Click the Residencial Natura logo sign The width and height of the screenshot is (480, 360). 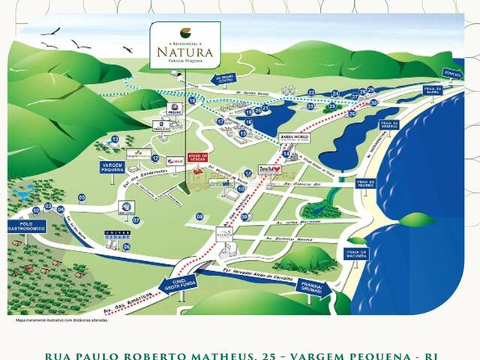pyautogui.click(x=184, y=46)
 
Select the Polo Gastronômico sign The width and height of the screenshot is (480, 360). pyautogui.click(x=27, y=226)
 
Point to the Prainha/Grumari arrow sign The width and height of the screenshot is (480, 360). pyautogui.click(x=313, y=287)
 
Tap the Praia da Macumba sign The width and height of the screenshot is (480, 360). pyautogui.click(x=356, y=253)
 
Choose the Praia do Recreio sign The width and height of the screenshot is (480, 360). pyautogui.click(x=365, y=184)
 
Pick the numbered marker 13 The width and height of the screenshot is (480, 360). pyautogui.click(x=115, y=139)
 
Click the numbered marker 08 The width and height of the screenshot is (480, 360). pyautogui.click(x=199, y=216)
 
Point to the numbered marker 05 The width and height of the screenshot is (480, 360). pyautogui.click(x=82, y=199)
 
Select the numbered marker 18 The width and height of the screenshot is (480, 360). pyautogui.click(x=192, y=100)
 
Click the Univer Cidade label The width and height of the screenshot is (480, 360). pyautogui.click(x=112, y=235)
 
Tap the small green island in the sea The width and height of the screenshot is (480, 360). pyautogui.click(x=417, y=220)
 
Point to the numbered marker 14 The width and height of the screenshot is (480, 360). pyautogui.click(x=286, y=154)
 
